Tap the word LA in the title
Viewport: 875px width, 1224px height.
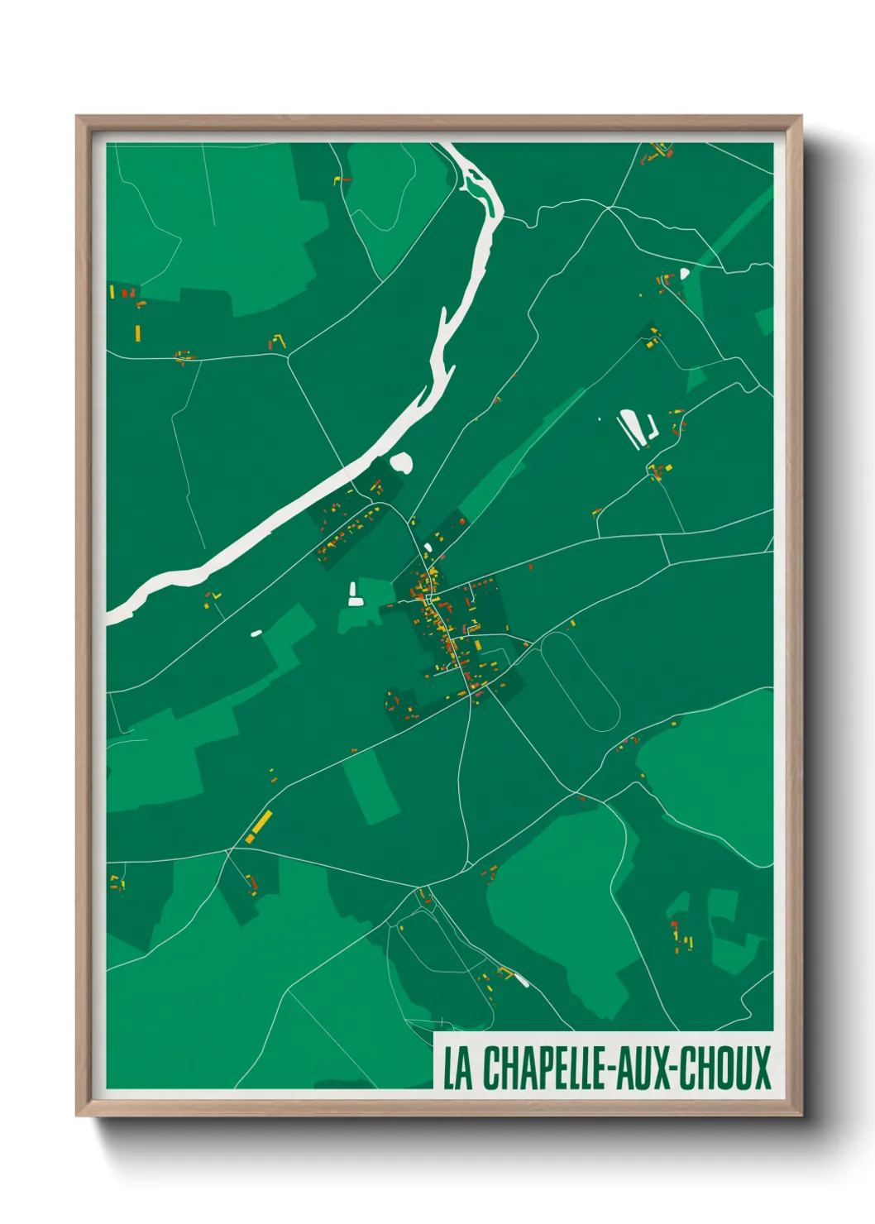point(457,1069)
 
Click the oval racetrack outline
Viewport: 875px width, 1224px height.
point(580,683)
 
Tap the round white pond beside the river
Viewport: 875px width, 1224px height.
point(401,462)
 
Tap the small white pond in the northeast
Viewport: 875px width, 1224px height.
point(684,273)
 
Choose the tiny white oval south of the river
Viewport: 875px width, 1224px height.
point(256,634)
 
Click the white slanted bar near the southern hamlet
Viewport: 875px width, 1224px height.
point(522,980)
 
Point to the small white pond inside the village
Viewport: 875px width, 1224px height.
point(428,547)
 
